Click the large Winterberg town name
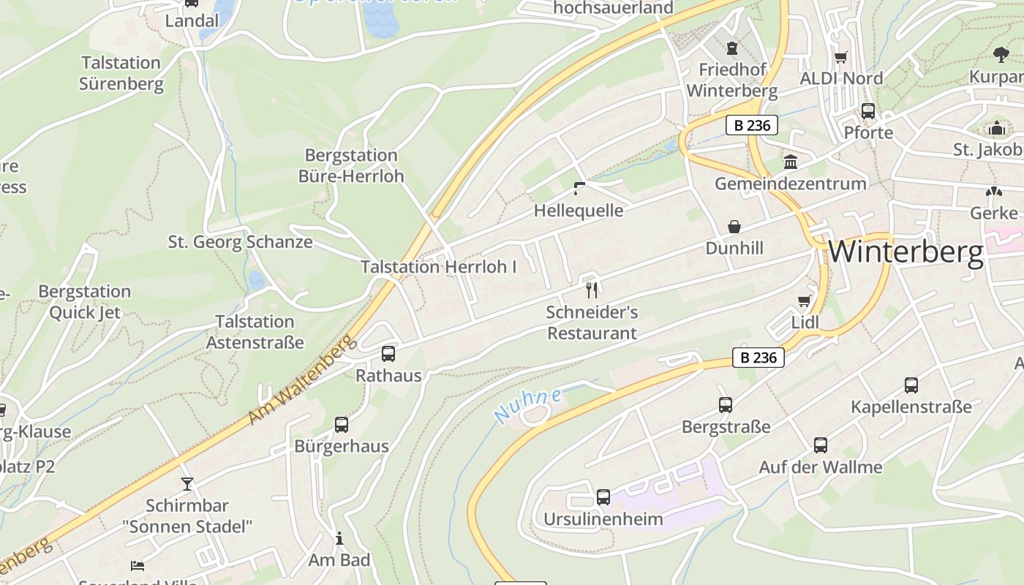click(x=906, y=252)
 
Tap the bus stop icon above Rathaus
click(x=388, y=354)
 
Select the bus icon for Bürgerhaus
click(x=341, y=424)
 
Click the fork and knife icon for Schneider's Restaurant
click(x=592, y=290)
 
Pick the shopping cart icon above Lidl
click(x=805, y=301)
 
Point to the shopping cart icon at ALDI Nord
click(x=841, y=57)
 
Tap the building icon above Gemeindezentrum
click(x=790, y=162)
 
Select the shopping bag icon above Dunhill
click(x=734, y=227)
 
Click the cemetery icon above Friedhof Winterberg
click(x=731, y=48)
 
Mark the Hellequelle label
click(x=579, y=211)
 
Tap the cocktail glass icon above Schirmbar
click(x=187, y=483)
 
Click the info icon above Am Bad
click(x=339, y=539)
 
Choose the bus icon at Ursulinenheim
click(x=603, y=497)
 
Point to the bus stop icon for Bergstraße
click(x=725, y=404)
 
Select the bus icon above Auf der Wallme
click(x=820, y=445)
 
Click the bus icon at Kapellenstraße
click(x=911, y=385)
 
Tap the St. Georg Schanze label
click(x=240, y=242)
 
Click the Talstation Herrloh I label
click(x=438, y=267)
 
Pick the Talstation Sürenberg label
click(x=121, y=73)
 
